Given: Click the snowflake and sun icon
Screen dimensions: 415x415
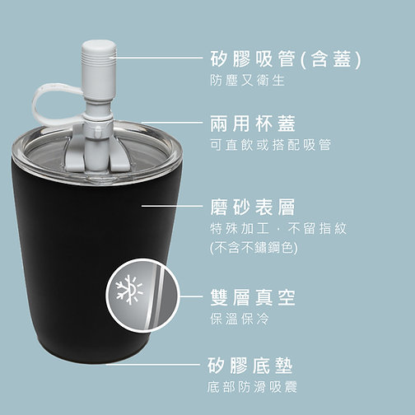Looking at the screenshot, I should click(129, 290).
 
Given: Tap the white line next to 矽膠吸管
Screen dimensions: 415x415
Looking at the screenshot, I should click(157, 59).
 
